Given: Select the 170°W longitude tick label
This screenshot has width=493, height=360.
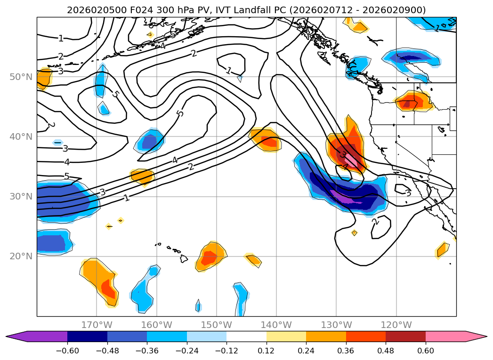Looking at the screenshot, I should (97, 325).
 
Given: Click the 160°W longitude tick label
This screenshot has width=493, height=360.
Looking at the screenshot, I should (156, 325).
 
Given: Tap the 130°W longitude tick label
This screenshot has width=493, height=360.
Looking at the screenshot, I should (336, 325).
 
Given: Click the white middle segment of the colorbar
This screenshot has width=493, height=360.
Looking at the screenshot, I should (246, 336).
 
